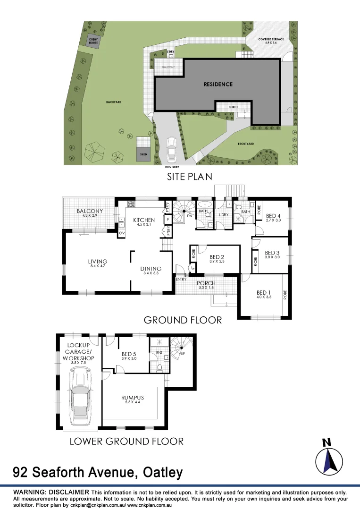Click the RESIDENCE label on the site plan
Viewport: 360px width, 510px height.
(218, 84)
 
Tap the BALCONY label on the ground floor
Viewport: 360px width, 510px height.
(90, 211)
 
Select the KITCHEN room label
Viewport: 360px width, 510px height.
(144, 220)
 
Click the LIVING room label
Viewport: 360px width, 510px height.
(98, 261)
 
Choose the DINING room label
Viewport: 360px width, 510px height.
(151, 269)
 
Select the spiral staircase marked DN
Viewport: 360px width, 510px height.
(182, 211)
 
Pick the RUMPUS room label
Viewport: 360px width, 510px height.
(133, 398)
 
